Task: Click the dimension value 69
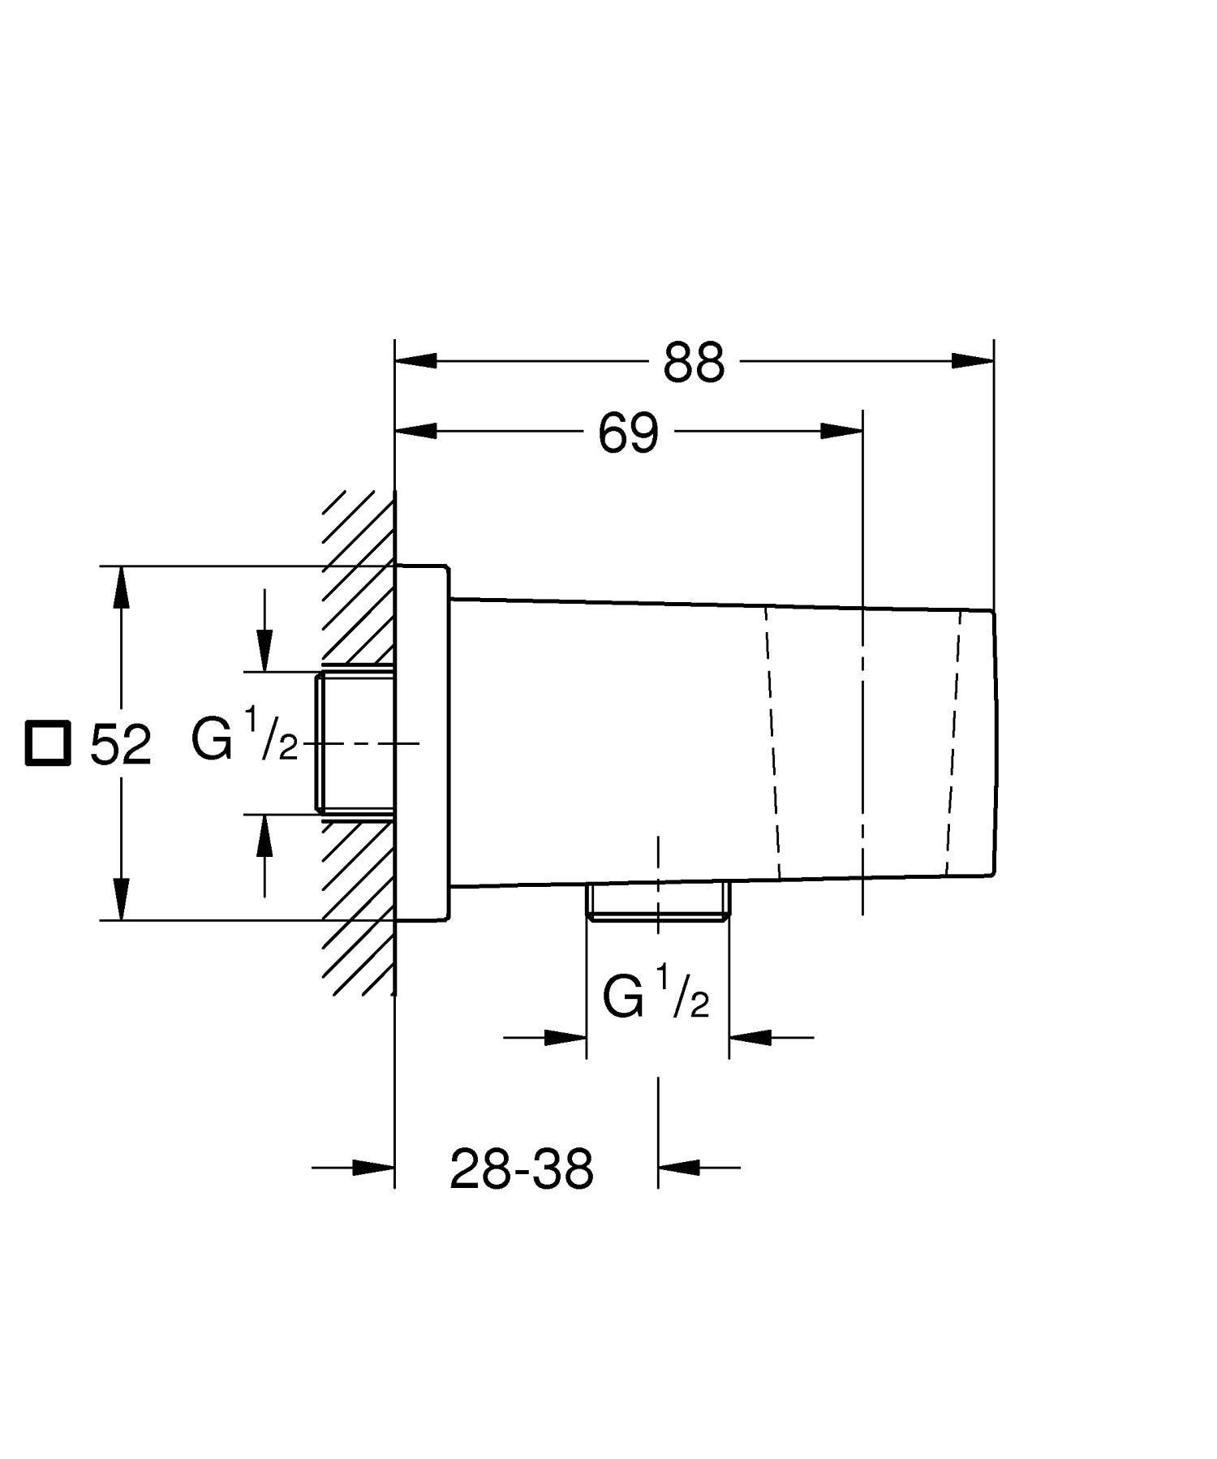point(629,433)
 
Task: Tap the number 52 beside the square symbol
point(120,744)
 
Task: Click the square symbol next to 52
point(47,742)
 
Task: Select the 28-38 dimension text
point(522,1169)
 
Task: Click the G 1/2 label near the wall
point(244,734)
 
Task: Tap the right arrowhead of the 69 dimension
point(841,432)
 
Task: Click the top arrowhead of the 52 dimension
point(121,587)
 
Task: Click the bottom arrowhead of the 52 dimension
point(121,899)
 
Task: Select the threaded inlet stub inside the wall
point(355,742)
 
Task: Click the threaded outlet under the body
point(658,902)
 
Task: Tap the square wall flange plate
point(421,742)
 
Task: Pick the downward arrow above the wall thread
point(264,649)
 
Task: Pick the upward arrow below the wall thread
point(264,836)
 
